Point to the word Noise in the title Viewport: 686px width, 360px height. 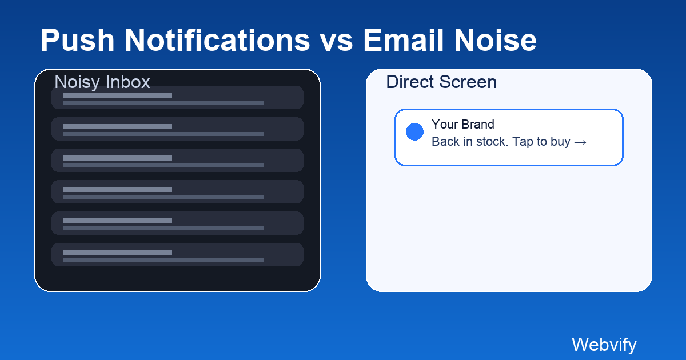(x=500, y=41)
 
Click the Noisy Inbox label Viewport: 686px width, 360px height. (x=102, y=82)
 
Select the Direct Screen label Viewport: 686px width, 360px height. (x=441, y=82)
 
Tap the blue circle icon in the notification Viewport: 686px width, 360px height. (x=414, y=131)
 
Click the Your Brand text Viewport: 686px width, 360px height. (x=463, y=124)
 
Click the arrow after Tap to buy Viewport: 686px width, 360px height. (x=580, y=142)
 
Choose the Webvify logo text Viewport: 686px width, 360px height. (x=604, y=345)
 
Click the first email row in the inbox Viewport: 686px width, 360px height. (x=177, y=98)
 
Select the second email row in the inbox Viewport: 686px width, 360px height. (x=177, y=129)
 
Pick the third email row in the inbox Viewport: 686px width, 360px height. (x=177, y=161)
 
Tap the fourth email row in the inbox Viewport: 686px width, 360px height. (x=177, y=192)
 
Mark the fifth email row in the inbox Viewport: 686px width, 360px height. (x=177, y=223)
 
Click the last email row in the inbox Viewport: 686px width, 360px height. (x=177, y=255)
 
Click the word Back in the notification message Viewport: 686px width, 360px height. (x=444, y=142)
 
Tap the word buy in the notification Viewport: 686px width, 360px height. (x=560, y=142)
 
